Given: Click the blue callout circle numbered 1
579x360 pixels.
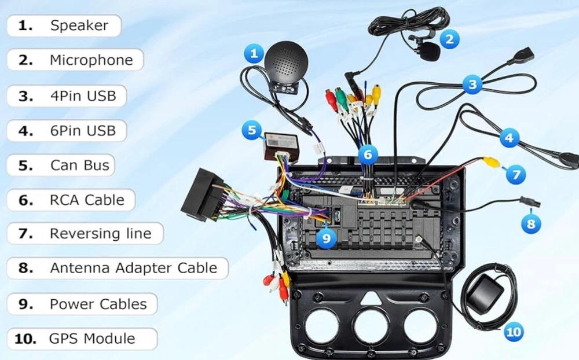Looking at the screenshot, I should tap(253, 54).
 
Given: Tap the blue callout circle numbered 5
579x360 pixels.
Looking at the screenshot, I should tap(251, 130).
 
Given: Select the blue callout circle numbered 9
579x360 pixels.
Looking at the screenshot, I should tap(327, 237).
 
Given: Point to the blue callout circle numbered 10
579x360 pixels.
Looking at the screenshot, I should tap(514, 331).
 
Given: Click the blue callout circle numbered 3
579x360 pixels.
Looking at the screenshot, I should tap(472, 86).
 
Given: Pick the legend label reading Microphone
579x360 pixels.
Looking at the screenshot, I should tap(75, 60).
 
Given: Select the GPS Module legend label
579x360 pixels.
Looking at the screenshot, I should tap(82, 339).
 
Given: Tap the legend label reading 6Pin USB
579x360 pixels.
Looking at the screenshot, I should tap(67, 130).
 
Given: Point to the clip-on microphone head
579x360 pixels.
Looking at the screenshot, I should tap(430, 52).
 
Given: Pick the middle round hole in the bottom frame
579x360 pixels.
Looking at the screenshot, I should tap(371, 325).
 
